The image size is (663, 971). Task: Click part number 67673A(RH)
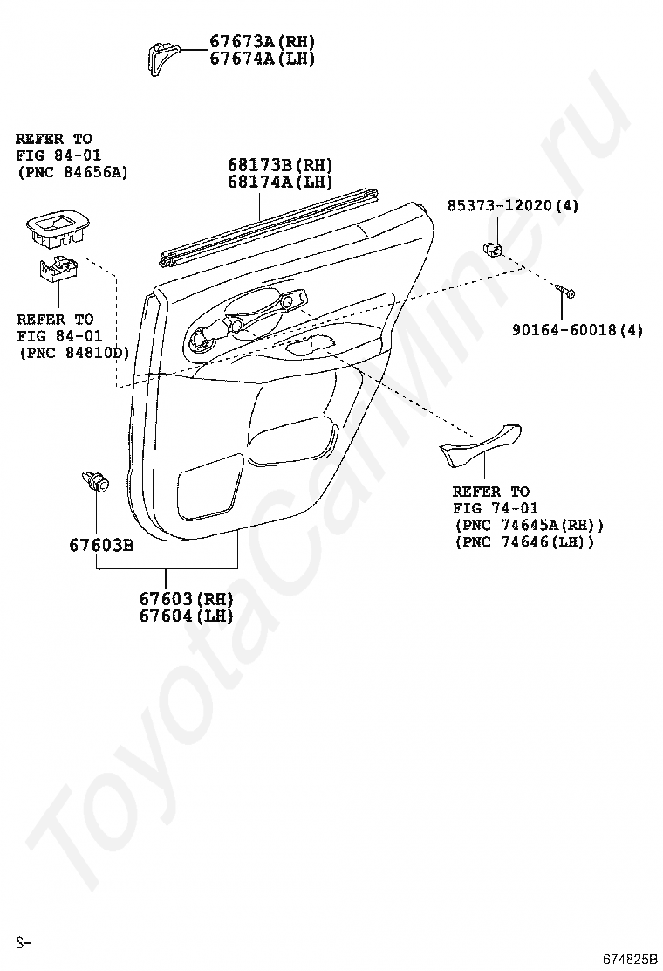[262, 41]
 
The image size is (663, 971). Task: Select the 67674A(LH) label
[262, 59]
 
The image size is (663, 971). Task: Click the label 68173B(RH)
[280, 165]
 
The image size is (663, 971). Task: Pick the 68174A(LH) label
[280, 182]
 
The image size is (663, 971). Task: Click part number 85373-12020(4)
[513, 206]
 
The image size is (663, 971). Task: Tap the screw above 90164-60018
[564, 292]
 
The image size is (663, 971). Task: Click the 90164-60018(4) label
[578, 330]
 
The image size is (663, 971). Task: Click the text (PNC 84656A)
[72, 172]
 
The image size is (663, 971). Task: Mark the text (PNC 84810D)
[73, 353]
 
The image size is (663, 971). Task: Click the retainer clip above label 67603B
[96, 481]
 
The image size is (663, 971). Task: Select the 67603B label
[101, 546]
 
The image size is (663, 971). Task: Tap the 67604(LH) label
[186, 616]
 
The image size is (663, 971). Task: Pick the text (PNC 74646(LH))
[523, 542]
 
